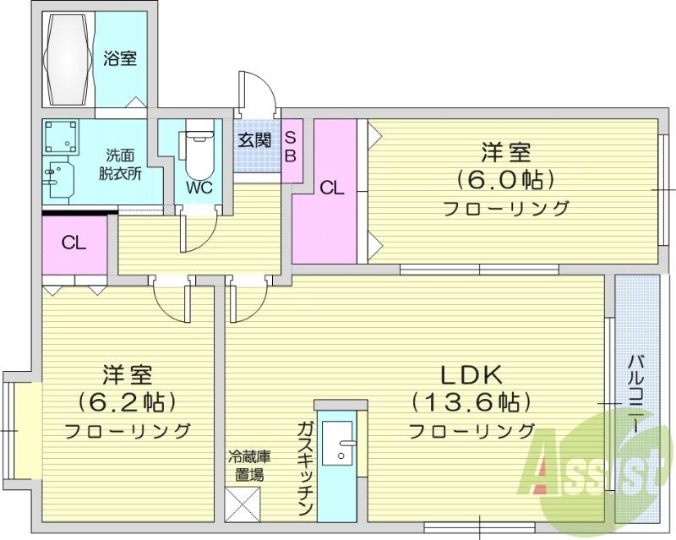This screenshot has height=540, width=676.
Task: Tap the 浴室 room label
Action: coord(120,58)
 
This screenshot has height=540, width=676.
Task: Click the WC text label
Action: coord(199,186)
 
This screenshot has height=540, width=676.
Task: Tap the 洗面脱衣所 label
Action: coord(123,164)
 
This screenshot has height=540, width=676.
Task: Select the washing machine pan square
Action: coord(63,136)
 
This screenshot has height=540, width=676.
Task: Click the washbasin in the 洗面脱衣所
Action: coord(57,179)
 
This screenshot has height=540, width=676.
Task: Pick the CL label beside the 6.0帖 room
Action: coord(332,188)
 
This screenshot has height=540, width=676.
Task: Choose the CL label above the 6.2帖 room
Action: coord(74,243)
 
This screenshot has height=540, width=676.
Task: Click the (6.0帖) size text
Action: coord(505,179)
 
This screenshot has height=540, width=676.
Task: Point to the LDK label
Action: coord(471,373)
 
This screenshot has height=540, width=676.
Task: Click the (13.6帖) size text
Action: coord(471,401)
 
